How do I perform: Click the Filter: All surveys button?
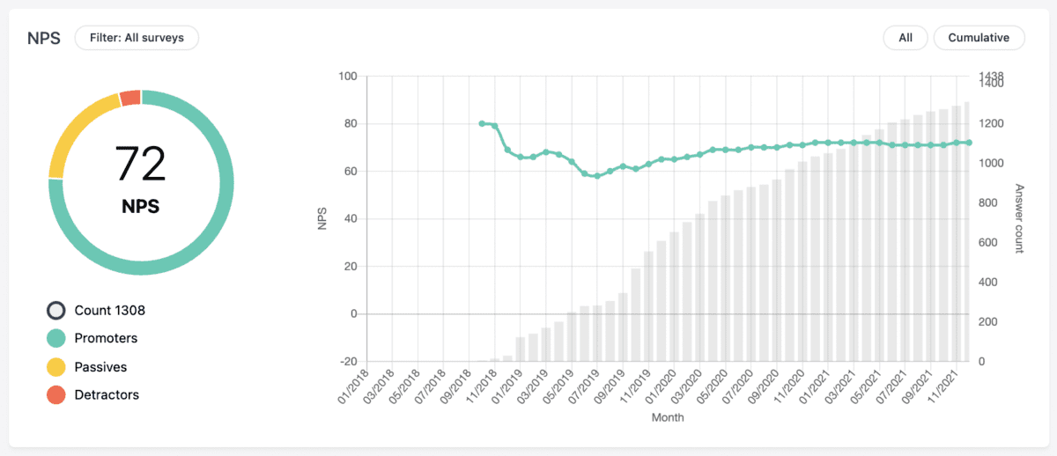[137, 38]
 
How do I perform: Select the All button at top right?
[905, 38]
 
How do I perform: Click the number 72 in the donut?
[141, 165]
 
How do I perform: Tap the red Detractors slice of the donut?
[130, 97]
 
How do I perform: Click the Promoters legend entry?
[106, 338]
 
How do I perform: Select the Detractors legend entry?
[107, 394]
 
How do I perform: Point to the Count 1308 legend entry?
[109, 310]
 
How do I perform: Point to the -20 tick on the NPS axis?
[348, 361]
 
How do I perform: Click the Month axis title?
[667, 418]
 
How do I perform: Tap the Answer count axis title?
[1019, 218]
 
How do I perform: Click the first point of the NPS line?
[482, 123]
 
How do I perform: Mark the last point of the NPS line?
[968, 142]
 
